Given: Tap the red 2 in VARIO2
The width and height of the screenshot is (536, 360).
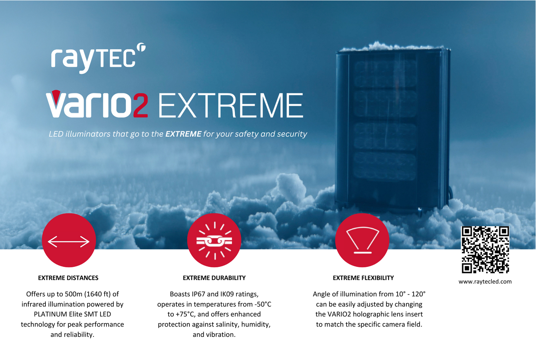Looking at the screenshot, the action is tap(141, 105).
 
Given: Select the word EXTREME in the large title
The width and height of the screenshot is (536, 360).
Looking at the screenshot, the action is tap(231, 106).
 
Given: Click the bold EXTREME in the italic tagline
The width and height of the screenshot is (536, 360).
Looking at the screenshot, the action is tap(183, 134).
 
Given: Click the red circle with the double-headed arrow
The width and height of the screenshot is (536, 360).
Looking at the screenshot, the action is tap(69, 240).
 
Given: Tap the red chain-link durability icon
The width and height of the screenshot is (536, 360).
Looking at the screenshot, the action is tap(214, 240).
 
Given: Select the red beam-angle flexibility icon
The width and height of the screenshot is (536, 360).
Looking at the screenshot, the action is tap(362, 240).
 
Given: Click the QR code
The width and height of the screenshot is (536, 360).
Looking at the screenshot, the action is tap(485, 249).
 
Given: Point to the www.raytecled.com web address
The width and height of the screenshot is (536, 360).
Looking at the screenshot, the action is tap(485, 281).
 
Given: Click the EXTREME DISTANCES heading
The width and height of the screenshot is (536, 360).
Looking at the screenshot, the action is tap(68, 278).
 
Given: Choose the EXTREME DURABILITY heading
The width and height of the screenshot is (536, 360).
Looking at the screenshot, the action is tap(214, 278).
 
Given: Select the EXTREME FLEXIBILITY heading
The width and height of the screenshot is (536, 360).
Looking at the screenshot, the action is tap(363, 278).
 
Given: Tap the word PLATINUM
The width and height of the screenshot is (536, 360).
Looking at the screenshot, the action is tap(50, 314).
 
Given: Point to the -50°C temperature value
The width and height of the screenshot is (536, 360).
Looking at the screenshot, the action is tap(263, 304).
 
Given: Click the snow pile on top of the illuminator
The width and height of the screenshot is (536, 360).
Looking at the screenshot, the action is tap(392, 47).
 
